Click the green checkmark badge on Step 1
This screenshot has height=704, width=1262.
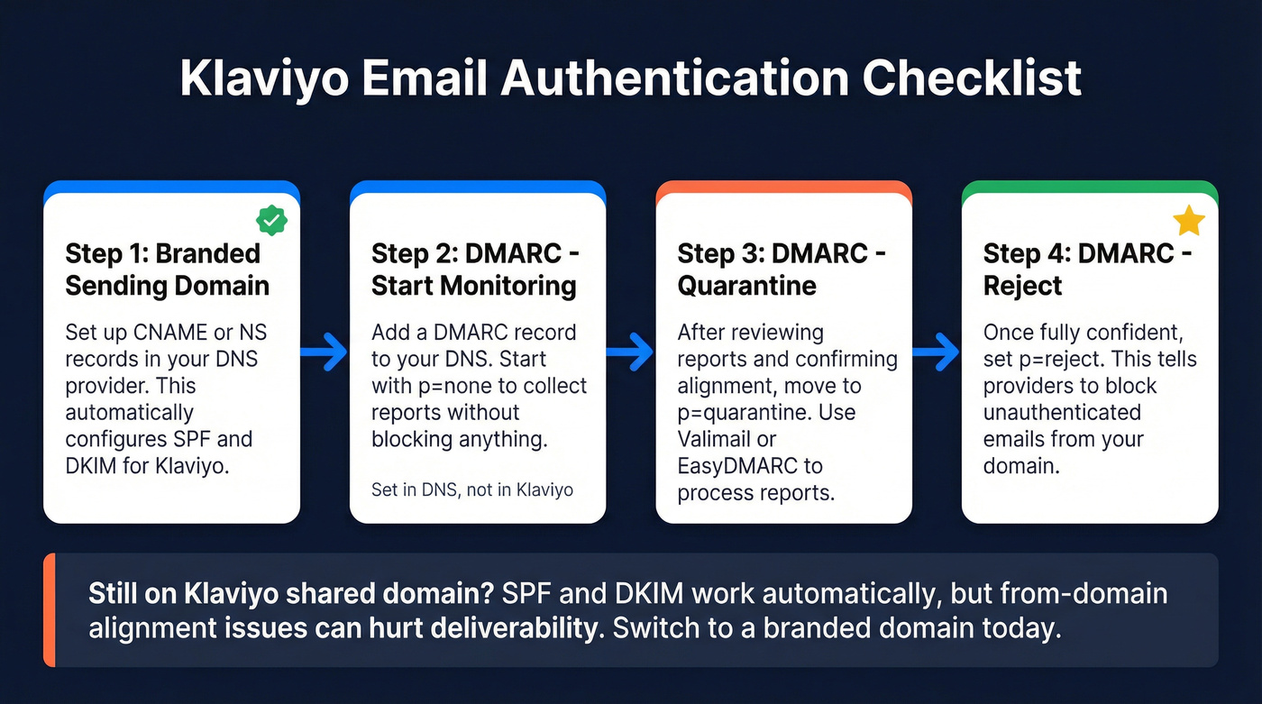tap(271, 219)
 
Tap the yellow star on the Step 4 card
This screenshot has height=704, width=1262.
tap(1189, 221)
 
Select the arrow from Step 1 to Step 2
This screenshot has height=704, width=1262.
tap(324, 352)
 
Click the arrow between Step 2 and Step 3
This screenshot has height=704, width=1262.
tap(630, 352)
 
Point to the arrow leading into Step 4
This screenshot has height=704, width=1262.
tap(936, 352)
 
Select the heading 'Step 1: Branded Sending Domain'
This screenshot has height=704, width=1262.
tap(167, 270)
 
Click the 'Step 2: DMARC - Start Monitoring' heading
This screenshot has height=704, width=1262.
tap(474, 270)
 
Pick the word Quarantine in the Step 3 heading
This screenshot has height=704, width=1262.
tap(746, 286)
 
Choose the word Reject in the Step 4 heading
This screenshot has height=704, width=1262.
tap(1022, 286)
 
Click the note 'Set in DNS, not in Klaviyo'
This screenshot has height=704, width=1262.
tap(471, 490)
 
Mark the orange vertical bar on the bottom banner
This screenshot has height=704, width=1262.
tap(50, 610)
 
